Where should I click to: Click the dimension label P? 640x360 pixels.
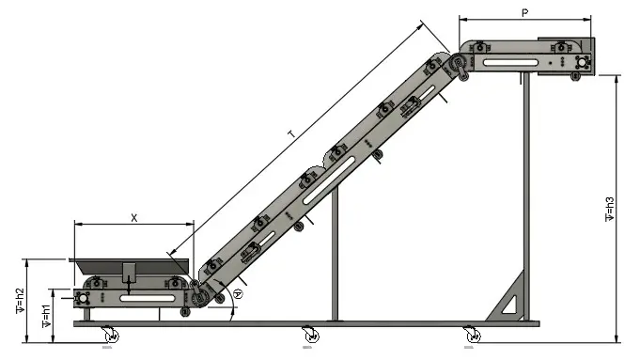pos(525,13)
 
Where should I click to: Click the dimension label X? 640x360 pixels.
pos(133,218)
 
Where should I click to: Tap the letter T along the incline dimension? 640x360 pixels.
pos(291,133)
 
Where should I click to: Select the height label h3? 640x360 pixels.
pos(609,209)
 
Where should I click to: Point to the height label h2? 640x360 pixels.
pos(20,301)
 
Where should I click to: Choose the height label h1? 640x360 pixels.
pos(46,316)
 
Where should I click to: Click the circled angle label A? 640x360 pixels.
pos(238,293)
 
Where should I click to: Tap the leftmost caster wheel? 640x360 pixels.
pos(110,335)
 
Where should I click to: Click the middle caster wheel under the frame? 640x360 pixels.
pos(311,335)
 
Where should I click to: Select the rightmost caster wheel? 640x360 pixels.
pos(472,335)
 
